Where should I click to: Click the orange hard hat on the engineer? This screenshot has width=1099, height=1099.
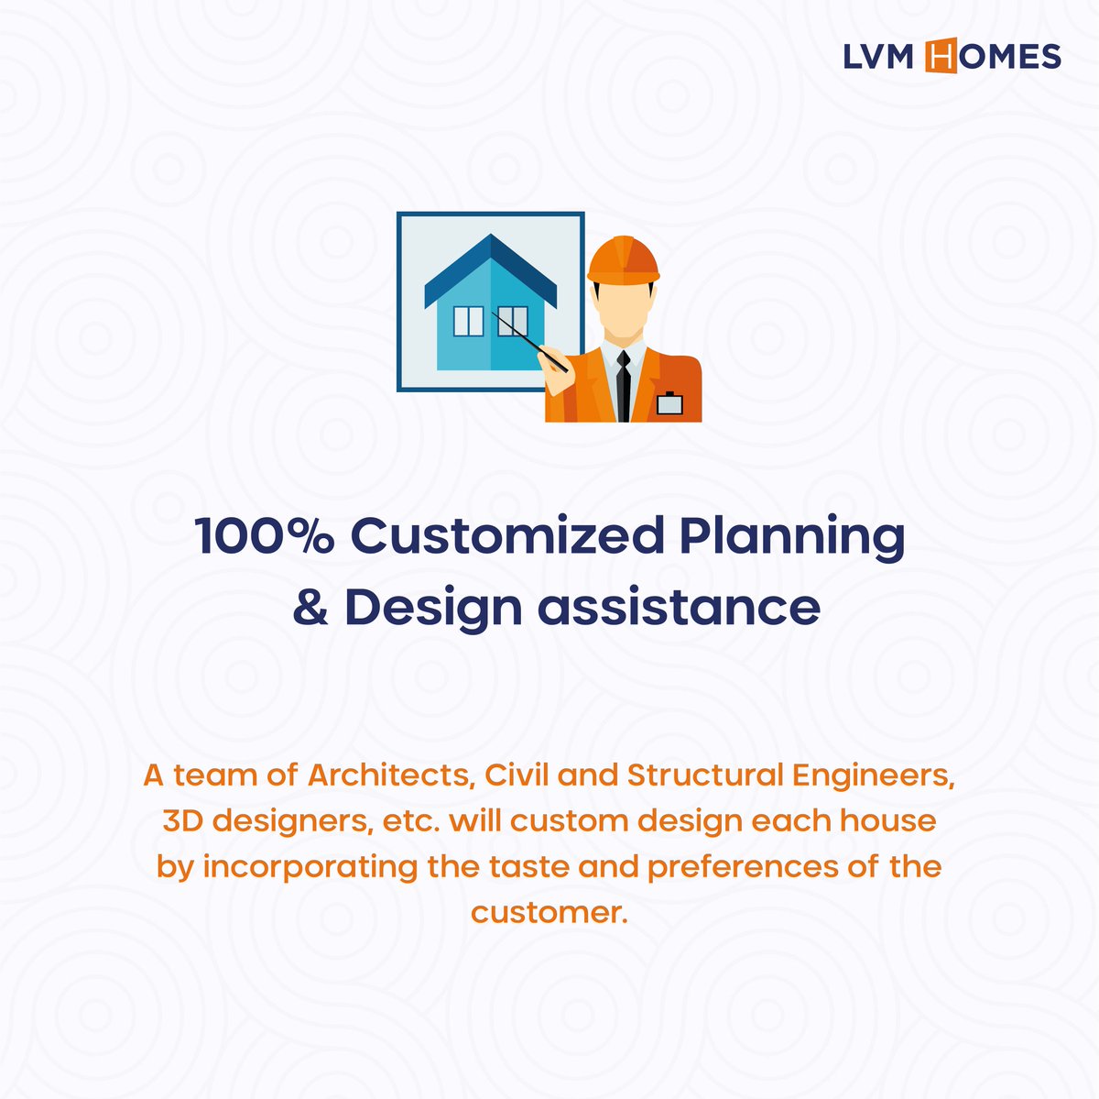click(x=623, y=260)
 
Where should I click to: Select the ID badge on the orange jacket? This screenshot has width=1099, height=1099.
click(x=670, y=402)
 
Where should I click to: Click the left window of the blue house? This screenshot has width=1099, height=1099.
click(x=468, y=322)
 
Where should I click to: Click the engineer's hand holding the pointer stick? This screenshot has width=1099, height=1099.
click(x=555, y=359)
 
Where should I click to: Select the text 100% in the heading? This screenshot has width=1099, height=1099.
click(x=265, y=536)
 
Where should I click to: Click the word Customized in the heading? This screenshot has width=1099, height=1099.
click(x=506, y=536)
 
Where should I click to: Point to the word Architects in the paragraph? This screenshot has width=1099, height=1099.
click(x=391, y=775)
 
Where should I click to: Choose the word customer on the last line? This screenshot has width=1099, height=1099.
click(x=547, y=913)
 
